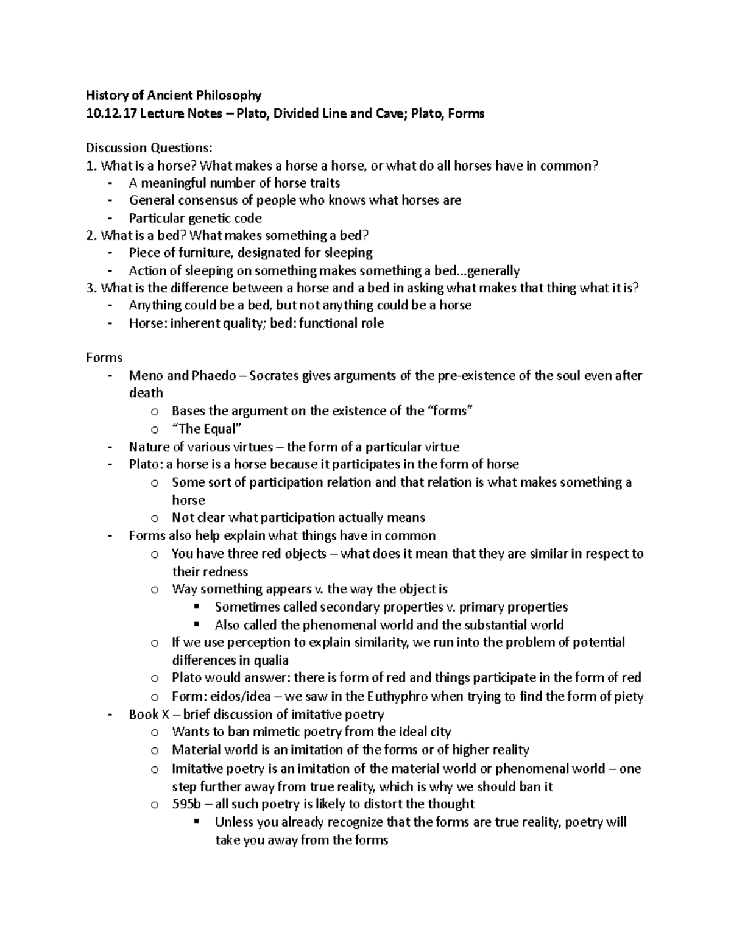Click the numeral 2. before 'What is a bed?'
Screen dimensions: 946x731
pos(92,235)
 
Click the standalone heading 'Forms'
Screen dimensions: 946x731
pos(104,358)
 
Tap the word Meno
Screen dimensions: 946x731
pos(146,376)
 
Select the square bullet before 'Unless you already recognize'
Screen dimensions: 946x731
pos(196,822)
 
